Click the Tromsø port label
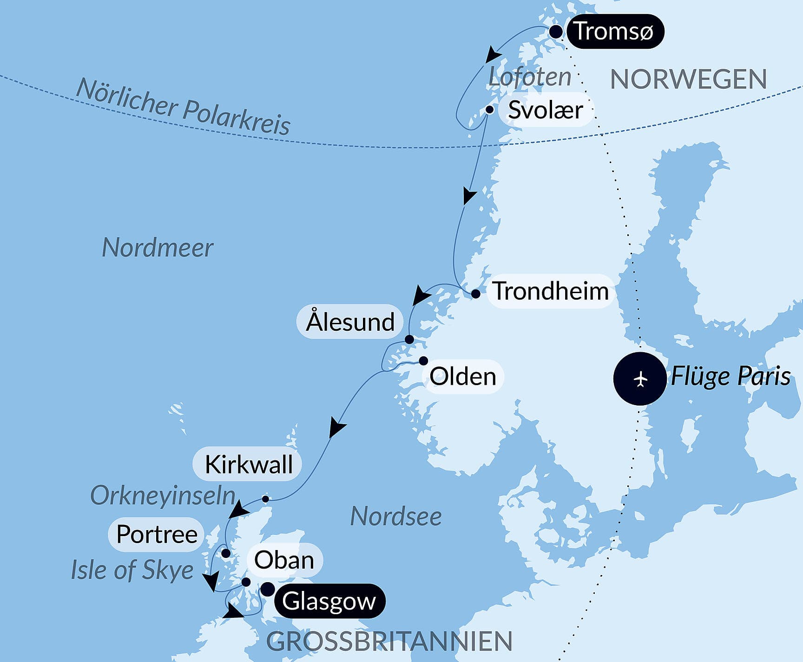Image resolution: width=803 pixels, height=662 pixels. click(x=614, y=31)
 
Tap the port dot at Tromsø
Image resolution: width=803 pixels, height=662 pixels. click(x=556, y=32)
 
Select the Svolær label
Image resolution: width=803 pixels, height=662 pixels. click(x=546, y=110)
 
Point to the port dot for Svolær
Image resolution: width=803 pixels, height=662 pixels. click(x=489, y=110)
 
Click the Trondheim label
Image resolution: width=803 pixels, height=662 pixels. click(x=551, y=291)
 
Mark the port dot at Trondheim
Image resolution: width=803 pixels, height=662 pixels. click(x=475, y=294)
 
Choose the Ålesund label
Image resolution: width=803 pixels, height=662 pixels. click(x=350, y=321)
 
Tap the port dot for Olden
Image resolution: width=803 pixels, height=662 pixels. click(x=423, y=360)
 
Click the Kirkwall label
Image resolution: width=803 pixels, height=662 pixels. click(x=248, y=464)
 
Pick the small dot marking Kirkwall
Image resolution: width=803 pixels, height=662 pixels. click(x=265, y=499)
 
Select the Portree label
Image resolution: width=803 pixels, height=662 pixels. click(x=157, y=534)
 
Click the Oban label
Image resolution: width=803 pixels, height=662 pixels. click(x=284, y=560)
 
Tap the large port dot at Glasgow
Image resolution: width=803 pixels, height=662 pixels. click(x=267, y=590)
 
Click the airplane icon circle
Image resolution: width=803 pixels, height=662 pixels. click(x=640, y=379)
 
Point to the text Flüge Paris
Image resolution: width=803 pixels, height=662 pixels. click(x=730, y=376)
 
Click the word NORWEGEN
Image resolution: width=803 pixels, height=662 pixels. click(x=688, y=79)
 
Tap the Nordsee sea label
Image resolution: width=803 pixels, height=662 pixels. click(x=395, y=516)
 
